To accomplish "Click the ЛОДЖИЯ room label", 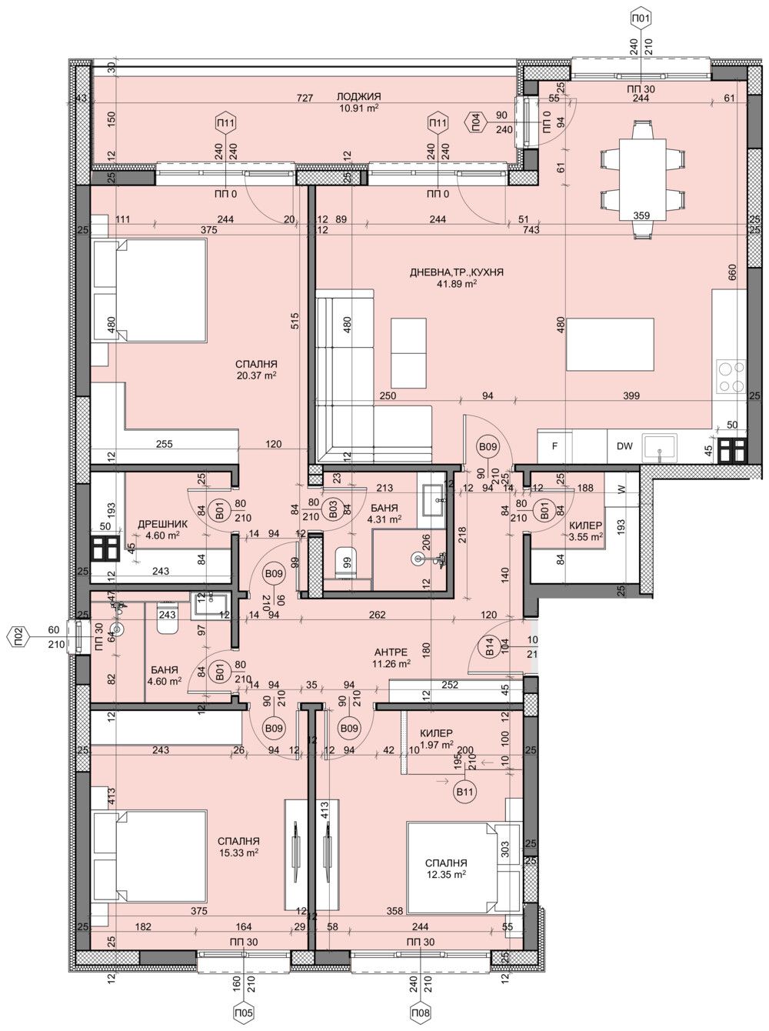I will (x=358, y=96).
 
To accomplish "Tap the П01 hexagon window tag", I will (x=640, y=18).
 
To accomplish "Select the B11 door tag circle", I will (x=464, y=792).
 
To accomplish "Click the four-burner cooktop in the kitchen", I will (x=730, y=378).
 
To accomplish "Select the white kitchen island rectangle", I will (x=610, y=345).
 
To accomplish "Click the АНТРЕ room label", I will (x=390, y=652).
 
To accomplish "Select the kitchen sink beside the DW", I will (x=660, y=445).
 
